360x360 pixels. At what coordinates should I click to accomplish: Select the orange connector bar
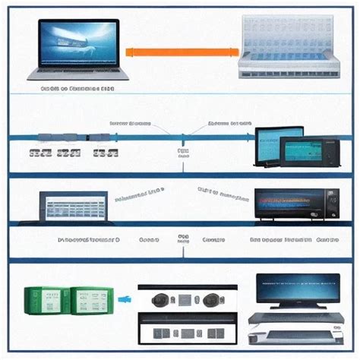coord(180,52)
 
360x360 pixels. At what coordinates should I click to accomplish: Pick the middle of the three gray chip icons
coord(69,153)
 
